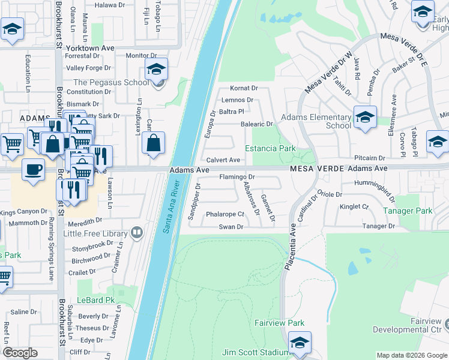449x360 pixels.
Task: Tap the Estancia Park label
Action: point(270,148)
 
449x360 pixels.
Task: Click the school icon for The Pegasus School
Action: point(156,69)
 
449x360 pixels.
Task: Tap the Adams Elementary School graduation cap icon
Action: point(364,118)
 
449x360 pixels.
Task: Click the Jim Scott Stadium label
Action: point(256,352)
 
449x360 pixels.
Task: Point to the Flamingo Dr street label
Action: point(237,177)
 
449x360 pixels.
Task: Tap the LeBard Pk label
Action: point(95,299)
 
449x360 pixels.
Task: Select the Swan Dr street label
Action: point(231,227)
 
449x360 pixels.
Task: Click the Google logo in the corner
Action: point(20,353)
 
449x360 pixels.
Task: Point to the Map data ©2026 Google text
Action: point(411,355)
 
